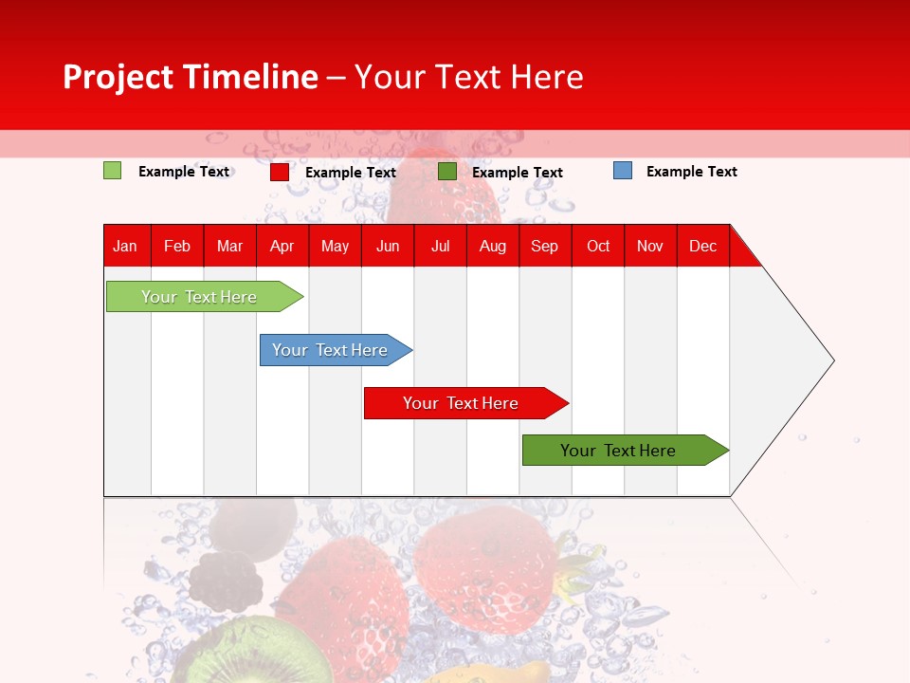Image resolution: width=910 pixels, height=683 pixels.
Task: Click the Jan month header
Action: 125,246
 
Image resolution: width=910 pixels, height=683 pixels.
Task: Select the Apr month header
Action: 282,246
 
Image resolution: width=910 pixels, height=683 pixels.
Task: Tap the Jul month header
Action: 440,246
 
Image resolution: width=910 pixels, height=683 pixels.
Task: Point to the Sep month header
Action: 544,246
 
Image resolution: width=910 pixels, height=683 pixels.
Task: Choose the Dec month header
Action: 702,246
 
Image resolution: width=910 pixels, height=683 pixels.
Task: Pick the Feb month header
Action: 177,246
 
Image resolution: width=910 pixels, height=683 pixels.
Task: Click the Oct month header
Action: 598,246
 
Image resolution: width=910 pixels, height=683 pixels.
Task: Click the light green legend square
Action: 112,171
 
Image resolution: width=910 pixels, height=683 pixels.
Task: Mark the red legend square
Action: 280,172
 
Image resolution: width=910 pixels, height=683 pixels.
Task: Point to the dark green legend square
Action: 447,172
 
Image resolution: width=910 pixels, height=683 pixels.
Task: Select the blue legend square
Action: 623,171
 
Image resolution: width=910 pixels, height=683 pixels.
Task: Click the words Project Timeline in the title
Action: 191,77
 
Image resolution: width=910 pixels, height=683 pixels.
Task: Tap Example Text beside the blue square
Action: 691,172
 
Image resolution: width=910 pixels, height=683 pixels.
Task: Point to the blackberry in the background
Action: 226,581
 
